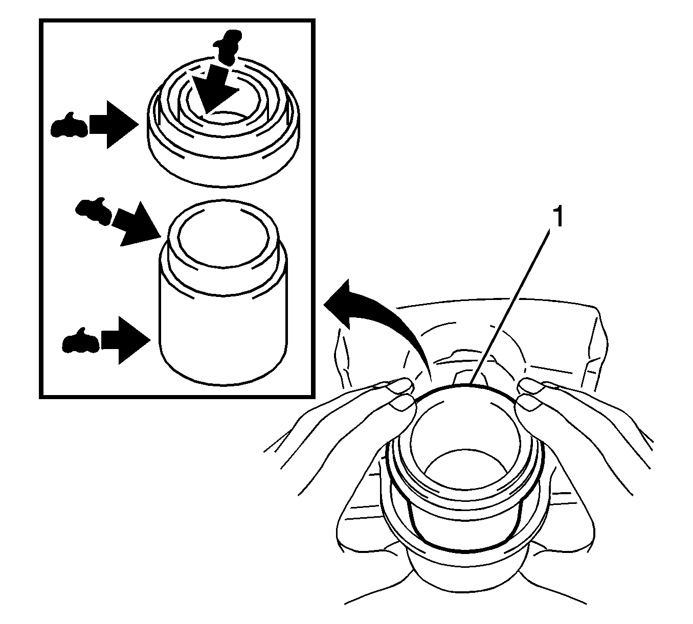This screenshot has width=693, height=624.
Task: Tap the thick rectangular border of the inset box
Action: (x=41, y=204)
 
